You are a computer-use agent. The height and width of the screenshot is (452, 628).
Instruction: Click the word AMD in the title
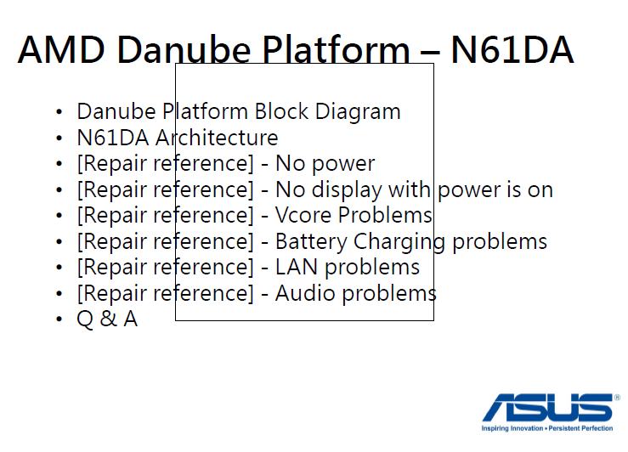click(x=61, y=50)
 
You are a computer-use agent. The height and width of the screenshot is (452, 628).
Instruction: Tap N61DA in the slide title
click(x=512, y=50)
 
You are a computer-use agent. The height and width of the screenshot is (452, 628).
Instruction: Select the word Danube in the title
click(x=184, y=50)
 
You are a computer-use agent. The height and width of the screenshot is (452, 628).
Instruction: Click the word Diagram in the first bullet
click(x=358, y=111)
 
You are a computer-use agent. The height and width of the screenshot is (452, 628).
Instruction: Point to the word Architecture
click(x=217, y=138)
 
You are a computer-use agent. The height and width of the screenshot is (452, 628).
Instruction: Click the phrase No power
click(x=325, y=164)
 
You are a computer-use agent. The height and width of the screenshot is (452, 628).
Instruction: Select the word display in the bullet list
click(x=347, y=189)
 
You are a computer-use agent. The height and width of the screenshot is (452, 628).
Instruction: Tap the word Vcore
click(x=303, y=215)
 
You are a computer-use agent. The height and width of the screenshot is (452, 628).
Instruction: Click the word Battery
click(x=311, y=242)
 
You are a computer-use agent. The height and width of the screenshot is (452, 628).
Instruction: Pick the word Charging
click(x=399, y=242)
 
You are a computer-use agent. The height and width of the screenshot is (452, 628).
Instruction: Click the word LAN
click(x=297, y=267)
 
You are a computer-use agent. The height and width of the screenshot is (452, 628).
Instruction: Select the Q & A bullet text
click(x=107, y=319)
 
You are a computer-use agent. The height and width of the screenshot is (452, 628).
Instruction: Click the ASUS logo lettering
click(x=547, y=408)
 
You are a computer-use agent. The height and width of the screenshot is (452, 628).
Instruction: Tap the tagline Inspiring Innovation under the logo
click(x=512, y=428)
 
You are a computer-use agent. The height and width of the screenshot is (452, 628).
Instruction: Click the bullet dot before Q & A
click(x=59, y=319)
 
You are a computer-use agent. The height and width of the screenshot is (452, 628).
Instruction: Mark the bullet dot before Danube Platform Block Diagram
click(x=59, y=111)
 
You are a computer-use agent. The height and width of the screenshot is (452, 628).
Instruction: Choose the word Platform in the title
click(x=336, y=50)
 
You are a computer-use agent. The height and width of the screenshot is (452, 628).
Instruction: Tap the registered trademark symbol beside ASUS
click(x=617, y=398)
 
